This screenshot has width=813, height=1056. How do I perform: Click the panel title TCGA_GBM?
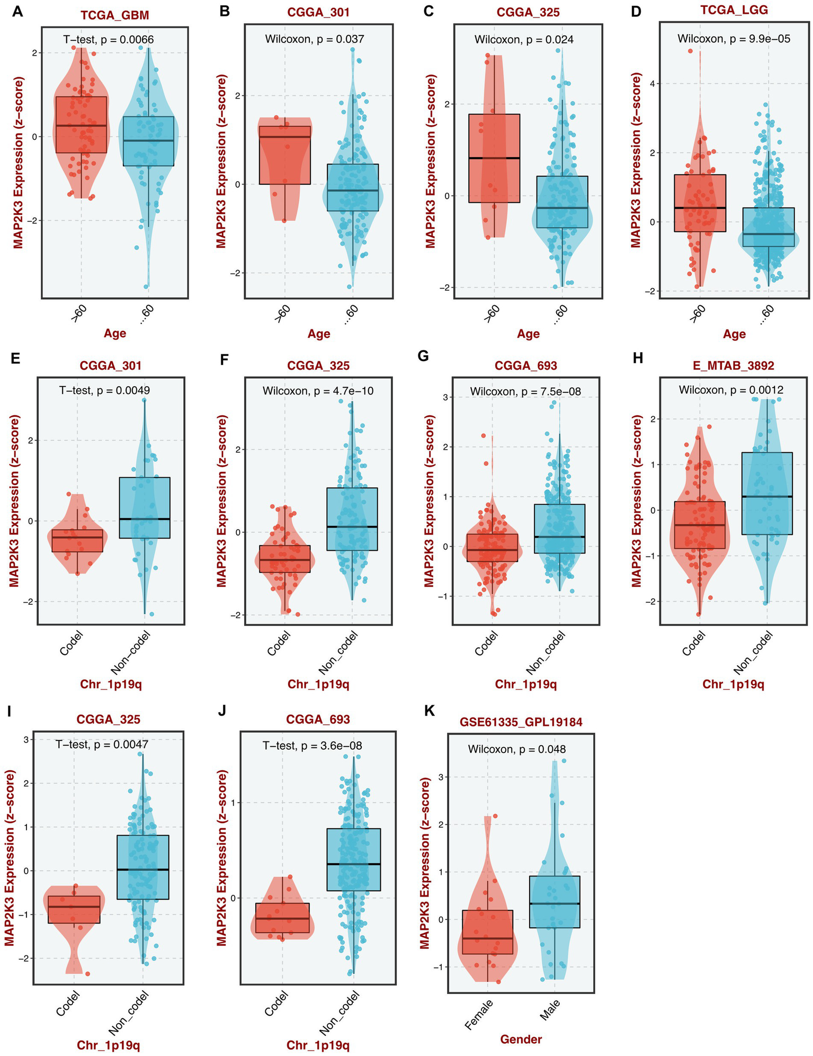pyautogui.click(x=114, y=15)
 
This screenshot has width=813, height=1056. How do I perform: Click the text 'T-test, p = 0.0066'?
pyautogui.click(x=109, y=39)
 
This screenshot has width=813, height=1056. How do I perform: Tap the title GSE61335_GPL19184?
pyautogui.click(x=521, y=722)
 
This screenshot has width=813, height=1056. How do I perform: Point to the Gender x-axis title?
pyautogui.click(x=521, y=1040)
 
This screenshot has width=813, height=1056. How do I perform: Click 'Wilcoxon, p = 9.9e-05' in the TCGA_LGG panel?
pyautogui.click(x=734, y=39)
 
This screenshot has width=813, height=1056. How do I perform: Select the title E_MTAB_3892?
pyautogui.click(x=733, y=365)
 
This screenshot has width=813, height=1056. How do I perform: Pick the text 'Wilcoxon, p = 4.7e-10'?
pyautogui.click(x=317, y=391)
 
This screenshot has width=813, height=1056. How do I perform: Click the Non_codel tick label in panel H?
pyautogui.click(x=754, y=655)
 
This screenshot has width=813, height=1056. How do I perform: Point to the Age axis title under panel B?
pyautogui.click(x=319, y=334)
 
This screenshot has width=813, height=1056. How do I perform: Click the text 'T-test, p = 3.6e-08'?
pyautogui.click(x=312, y=746)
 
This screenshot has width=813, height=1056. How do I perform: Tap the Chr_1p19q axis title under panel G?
pyautogui.click(x=525, y=684)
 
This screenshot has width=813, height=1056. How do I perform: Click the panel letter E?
pyautogui.click(x=16, y=359)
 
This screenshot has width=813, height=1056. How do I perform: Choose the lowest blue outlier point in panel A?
pyautogui.click(x=146, y=287)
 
